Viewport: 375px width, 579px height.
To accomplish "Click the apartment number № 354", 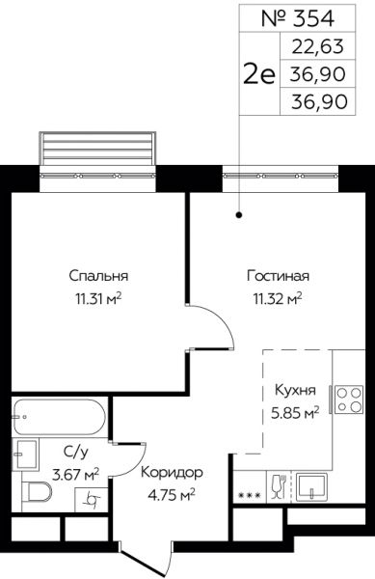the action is [298, 18].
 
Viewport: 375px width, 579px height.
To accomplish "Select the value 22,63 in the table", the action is [318, 46].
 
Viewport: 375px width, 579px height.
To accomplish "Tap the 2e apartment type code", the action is [259, 73].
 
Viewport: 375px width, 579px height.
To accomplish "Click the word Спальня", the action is [98, 276].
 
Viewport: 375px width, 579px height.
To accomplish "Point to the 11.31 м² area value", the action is [98, 298].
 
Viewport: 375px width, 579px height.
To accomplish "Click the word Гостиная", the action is [278, 276].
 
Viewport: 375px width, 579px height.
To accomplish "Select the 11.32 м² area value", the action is [278, 298].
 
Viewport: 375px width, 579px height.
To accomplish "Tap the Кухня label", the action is [295, 390].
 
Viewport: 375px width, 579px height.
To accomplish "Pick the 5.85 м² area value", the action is [295, 413].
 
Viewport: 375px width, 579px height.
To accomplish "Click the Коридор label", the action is [172, 473].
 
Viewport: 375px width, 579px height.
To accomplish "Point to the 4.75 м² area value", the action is [171, 495].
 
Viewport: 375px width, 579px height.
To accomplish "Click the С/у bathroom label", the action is [76, 452].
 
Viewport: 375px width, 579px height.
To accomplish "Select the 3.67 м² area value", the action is [76, 474].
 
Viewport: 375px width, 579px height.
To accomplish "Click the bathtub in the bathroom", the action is [60, 417].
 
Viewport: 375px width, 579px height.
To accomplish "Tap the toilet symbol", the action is [37, 491].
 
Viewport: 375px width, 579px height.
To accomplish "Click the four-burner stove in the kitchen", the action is [349, 400].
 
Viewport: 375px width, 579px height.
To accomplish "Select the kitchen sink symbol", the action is [311, 487].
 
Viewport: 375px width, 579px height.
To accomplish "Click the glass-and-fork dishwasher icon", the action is [280, 486].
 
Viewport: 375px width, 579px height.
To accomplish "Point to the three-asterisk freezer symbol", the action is [250, 495].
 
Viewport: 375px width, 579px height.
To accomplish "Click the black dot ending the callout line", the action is [239, 214].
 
